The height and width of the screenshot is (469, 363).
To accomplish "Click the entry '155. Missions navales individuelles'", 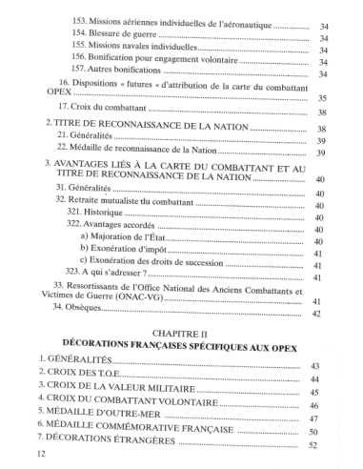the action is tap(150, 49).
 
